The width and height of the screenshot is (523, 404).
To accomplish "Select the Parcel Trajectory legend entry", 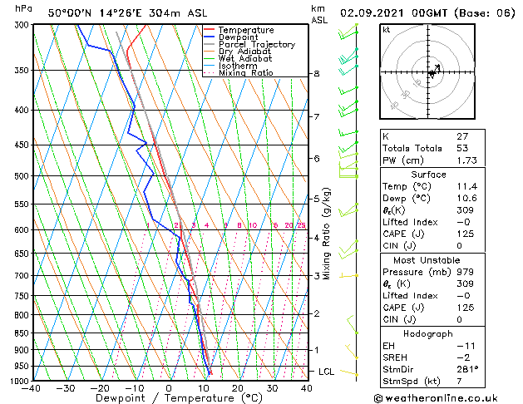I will [x=256, y=45].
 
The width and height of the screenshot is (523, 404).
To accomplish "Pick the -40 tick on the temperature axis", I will [x=32, y=388].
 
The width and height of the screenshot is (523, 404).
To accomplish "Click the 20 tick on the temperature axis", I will [x=238, y=388].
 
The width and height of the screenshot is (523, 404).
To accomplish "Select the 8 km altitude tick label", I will [x=316, y=74].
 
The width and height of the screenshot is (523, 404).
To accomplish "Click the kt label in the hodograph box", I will [x=386, y=29].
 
